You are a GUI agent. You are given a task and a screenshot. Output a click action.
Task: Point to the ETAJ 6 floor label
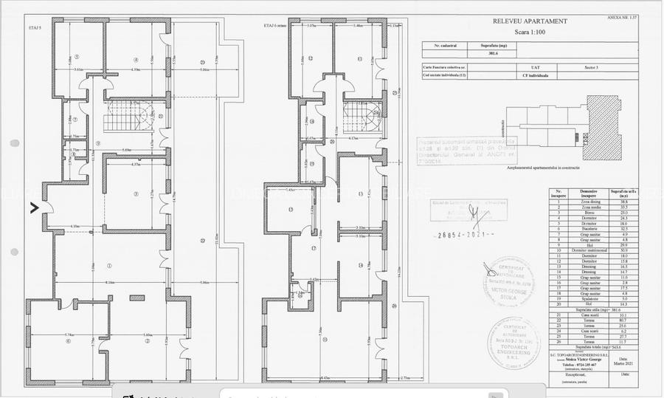point(275,26)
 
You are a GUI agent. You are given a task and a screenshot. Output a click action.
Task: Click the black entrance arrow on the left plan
point(34,208)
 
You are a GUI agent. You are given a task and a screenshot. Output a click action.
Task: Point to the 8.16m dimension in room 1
point(110,283)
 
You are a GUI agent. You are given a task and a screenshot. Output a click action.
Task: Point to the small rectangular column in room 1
point(136,298)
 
